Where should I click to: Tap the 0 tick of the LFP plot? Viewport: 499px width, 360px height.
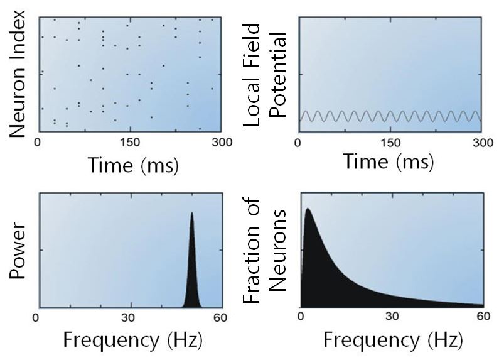coord(300,142)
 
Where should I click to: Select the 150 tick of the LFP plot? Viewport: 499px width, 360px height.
coord(390,142)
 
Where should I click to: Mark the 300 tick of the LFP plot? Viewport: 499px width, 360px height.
coord(481,142)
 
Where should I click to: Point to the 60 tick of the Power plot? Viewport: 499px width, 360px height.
coord(221,317)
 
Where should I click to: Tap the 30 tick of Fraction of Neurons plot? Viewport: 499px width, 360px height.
coord(392,317)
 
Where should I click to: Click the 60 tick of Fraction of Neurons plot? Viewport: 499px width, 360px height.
coord(482,317)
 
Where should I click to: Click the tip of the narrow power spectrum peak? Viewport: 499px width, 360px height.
coord(191,213)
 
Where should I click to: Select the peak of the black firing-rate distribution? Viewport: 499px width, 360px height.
coord(308,209)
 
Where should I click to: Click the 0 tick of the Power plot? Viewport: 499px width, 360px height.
coord(38,317)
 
